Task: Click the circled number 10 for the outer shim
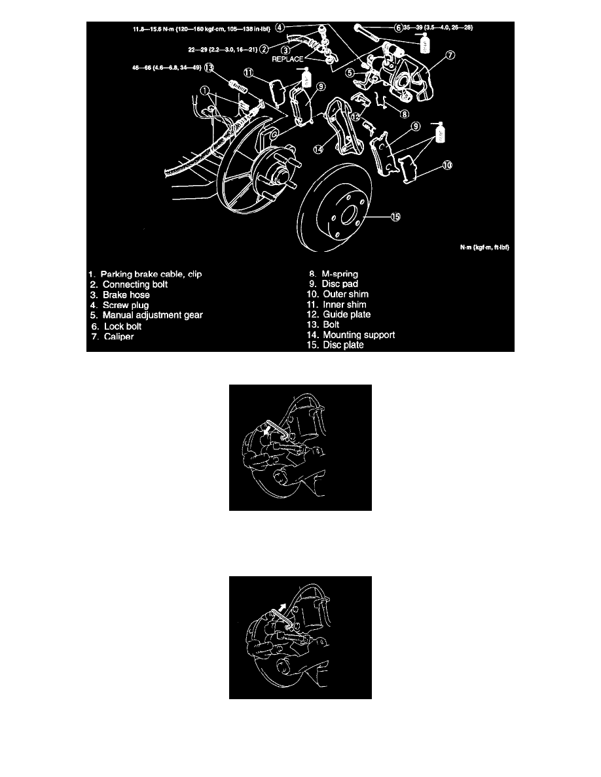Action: tap(446, 166)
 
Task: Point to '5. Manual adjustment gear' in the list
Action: tap(147, 315)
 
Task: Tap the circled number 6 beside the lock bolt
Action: tap(397, 28)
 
